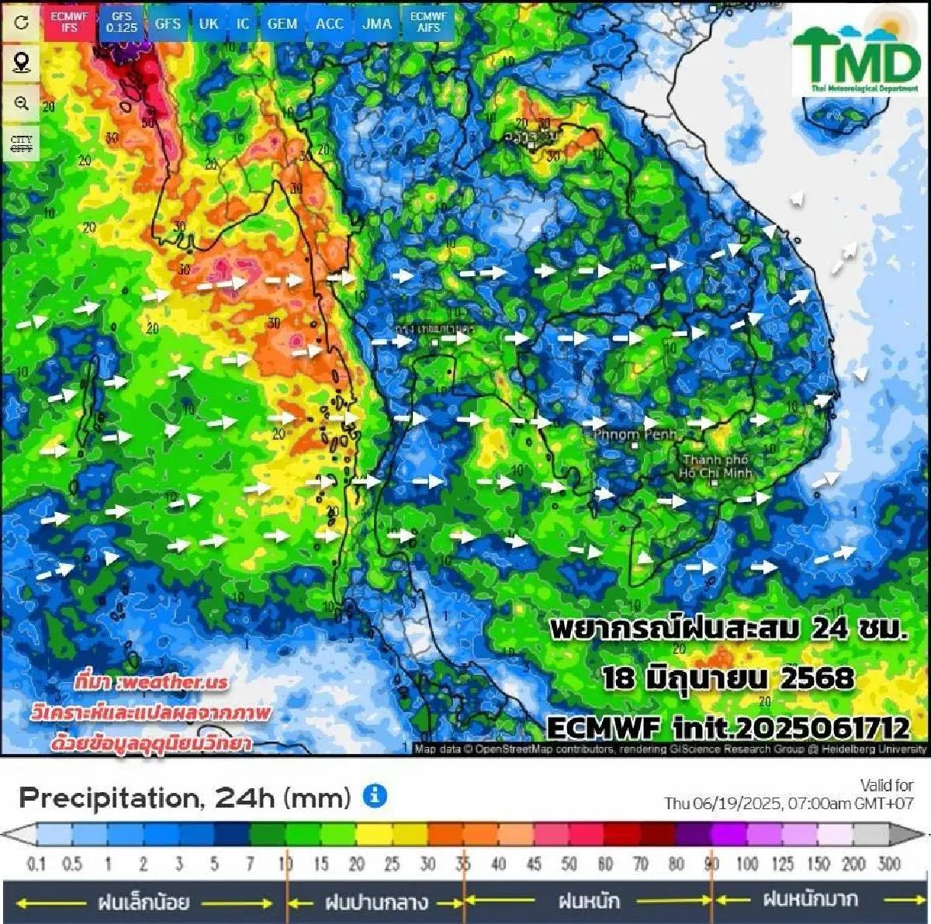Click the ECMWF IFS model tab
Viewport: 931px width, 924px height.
[69, 22]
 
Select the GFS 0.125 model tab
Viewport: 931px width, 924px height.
[122, 22]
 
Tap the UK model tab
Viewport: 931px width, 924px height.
[208, 23]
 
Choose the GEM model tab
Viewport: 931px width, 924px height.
[282, 23]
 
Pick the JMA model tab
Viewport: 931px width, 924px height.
[377, 23]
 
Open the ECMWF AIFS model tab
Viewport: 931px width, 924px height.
[428, 22]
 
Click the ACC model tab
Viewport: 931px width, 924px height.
[329, 23]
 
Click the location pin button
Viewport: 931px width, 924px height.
[22, 62]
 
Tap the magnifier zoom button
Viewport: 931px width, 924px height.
[22, 103]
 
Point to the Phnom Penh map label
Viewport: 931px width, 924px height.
[635, 434]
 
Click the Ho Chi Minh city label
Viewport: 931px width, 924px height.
[715, 466]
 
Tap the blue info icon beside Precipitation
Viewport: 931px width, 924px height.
[375, 796]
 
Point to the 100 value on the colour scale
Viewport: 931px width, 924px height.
[746, 863]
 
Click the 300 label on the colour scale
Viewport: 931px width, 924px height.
[889, 863]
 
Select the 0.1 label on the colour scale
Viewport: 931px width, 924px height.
[36, 863]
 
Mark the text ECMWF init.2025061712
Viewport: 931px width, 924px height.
[728, 728]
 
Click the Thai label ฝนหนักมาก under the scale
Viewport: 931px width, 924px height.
[810, 900]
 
